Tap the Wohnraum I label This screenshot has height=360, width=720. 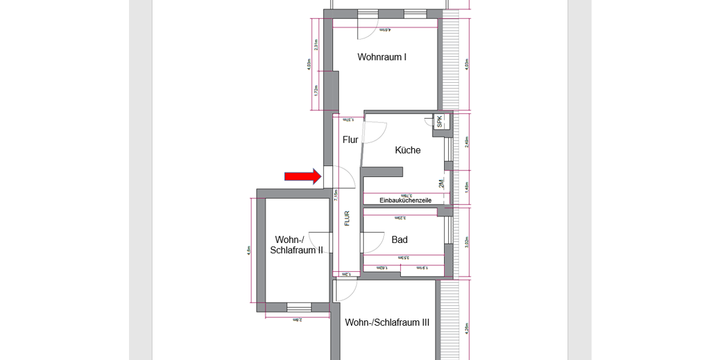pyautogui.click(x=382, y=57)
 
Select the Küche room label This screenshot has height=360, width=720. pyautogui.click(x=407, y=150)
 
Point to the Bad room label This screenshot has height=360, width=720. pyautogui.click(x=400, y=240)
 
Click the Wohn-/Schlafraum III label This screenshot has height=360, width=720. pyautogui.click(x=387, y=322)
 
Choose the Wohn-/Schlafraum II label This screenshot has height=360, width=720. pyautogui.click(x=296, y=245)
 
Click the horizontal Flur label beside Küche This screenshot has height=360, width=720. pyautogui.click(x=350, y=140)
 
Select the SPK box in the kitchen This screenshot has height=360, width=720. pyautogui.click(x=439, y=121)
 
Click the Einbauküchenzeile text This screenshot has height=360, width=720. pyautogui.click(x=406, y=200)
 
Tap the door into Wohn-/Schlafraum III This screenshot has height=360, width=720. pyautogui.click(x=346, y=290)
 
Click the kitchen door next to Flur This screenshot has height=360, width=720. pyautogui.click(x=373, y=132)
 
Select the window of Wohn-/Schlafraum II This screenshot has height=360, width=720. pyautogui.click(x=299, y=307)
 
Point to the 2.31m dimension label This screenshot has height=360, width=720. pyautogui.click(x=316, y=44)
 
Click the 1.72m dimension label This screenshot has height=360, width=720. pyautogui.click(x=316, y=91)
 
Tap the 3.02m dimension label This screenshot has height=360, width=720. pyautogui.click(x=467, y=241)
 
